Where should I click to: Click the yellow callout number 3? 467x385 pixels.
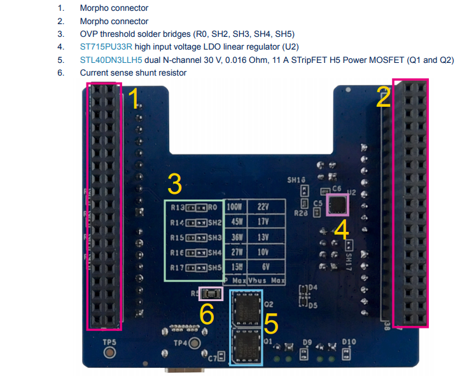click(x=174, y=185)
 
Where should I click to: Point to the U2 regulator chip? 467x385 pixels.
click(x=337, y=205)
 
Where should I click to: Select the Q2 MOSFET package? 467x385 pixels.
click(x=246, y=308)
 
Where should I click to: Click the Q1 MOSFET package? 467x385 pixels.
click(x=246, y=346)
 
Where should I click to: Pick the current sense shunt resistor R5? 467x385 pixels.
click(x=211, y=294)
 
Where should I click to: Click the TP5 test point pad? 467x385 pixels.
click(x=109, y=351)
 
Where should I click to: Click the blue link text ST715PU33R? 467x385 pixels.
click(x=106, y=47)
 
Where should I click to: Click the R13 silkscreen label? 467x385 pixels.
click(x=178, y=208)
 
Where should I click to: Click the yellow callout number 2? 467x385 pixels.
click(x=383, y=98)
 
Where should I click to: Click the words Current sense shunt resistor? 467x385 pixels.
click(x=133, y=73)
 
